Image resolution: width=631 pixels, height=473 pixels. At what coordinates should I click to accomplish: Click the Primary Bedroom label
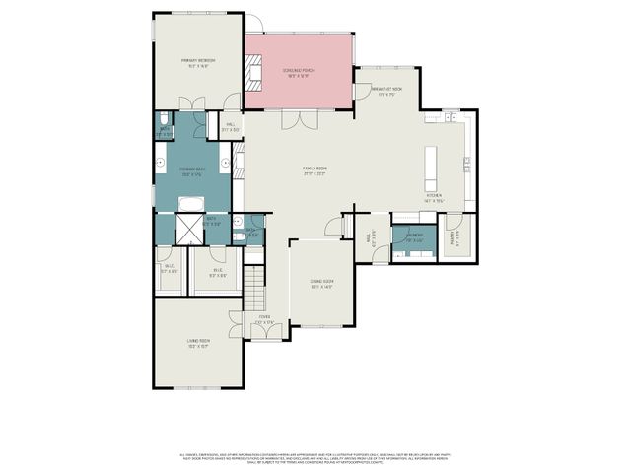(198, 62)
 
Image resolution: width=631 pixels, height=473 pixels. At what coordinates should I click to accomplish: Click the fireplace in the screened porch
(255, 72)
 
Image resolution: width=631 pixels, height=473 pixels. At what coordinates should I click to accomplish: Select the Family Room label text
(315, 170)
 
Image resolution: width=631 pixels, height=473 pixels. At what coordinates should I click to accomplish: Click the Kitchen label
(435, 197)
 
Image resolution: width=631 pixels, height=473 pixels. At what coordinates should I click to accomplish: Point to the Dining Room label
(321, 285)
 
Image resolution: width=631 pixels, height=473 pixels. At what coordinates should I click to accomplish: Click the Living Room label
(198, 343)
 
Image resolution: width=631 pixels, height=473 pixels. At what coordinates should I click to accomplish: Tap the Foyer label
(264, 320)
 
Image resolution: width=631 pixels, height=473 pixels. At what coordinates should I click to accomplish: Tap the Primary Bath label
(192, 171)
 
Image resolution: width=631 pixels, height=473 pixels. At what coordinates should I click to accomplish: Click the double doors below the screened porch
(295, 119)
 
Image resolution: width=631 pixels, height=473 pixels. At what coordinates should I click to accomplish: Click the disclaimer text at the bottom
(315, 457)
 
